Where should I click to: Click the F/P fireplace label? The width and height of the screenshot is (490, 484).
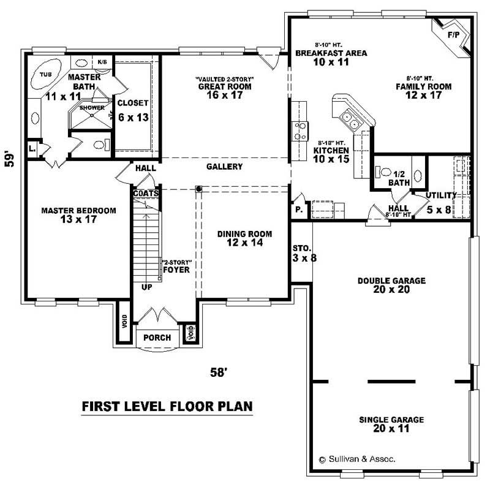pos(453,35)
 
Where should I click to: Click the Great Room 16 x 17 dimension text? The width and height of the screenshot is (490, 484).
pos(224,95)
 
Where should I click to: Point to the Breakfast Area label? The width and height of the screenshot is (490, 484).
pos(331,53)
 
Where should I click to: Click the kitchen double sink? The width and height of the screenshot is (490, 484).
pos(351,118)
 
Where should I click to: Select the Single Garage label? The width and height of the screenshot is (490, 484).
pos(391,420)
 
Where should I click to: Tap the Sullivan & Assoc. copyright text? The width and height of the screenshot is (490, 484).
pos(357,458)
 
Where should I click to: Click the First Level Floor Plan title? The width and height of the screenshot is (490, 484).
pos(167,406)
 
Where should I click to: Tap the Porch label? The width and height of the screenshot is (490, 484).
pos(157,338)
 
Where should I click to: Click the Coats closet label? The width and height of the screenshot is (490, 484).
pos(146,193)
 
